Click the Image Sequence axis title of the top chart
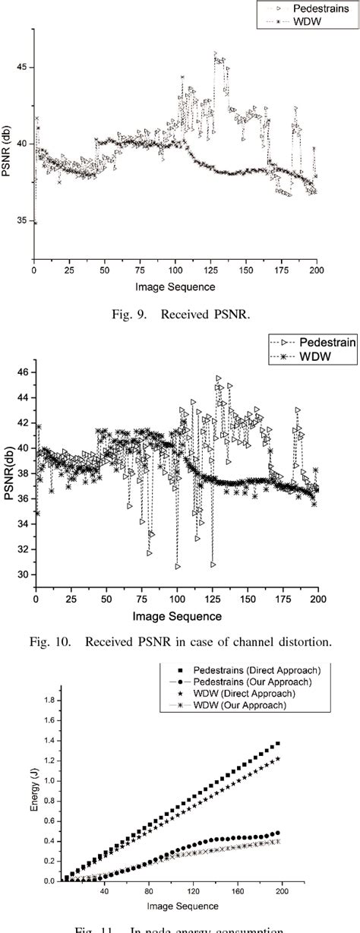click(x=175, y=287)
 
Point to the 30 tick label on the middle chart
click(x=23, y=574)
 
